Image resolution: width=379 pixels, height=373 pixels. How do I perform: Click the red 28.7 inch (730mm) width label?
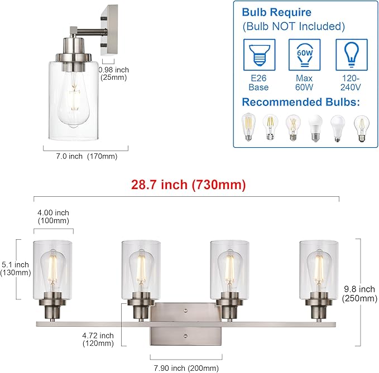coord(188,184)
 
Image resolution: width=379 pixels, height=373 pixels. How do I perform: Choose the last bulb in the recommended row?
coord(359,128)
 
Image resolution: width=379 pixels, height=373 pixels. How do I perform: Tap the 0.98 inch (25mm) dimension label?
coord(113,74)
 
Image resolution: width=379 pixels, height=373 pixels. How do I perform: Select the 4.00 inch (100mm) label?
coord(54,217)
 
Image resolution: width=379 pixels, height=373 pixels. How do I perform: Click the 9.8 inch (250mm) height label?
coord(359,294)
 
